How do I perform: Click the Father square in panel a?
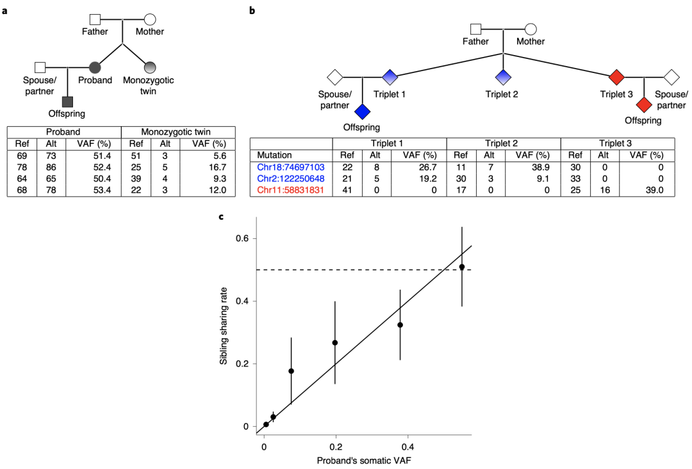(x=95, y=19)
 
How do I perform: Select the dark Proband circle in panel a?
(x=95, y=67)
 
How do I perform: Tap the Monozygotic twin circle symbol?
(x=150, y=67)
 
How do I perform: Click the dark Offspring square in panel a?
(x=67, y=102)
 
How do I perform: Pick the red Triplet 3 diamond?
(x=616, y=78)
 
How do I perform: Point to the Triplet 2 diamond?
(x=503, y=78)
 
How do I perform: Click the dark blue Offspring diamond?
(x=362, y=111)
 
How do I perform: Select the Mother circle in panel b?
(x=531, y=29)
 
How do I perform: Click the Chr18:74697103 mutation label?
(x=291, y=167)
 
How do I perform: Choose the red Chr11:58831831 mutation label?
(x=291, y=190)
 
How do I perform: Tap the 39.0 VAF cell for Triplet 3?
(x=655, y=190)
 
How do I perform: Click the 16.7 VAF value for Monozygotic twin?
(x=217, y=167)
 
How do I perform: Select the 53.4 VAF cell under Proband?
(x=102, y=190)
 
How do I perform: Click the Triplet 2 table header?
(x=501, y=144)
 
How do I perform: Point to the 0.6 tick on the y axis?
(x=243, y=238)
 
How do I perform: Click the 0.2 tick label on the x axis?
(x=336, y=447)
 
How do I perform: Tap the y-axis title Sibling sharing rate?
(x=224, y=326)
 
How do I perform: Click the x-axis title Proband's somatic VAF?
(x=364, y=461)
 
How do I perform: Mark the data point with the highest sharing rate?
(x=462, y=267)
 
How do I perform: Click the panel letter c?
(x=222, y=217)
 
